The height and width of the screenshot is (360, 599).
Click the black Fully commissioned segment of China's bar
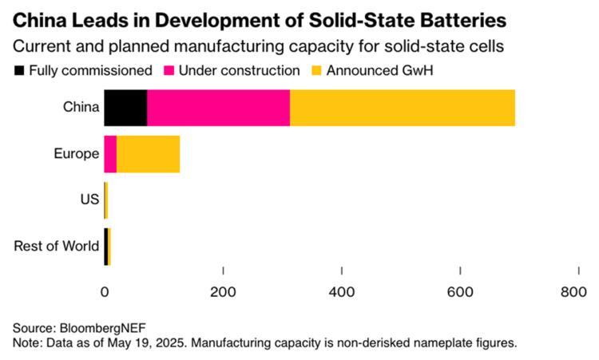tap(125, 109)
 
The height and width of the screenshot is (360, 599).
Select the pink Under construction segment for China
tap(218, 109)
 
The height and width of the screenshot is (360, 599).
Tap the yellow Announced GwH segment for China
tap(402, 109)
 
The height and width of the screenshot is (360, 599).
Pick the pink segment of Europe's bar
tap(110, 154)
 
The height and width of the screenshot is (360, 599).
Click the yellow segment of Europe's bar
tap(148, 154)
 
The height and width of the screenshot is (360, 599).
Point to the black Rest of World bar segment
tap(105, 245)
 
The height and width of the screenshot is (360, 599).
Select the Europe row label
tap(76, 154)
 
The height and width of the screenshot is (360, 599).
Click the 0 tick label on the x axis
tap(105, 293)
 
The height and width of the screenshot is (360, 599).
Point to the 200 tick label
tap(223, 293)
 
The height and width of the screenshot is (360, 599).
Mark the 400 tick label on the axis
tap(342, 293)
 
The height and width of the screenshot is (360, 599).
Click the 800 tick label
tap(573, 293)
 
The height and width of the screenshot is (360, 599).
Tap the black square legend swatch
tap(19, 70)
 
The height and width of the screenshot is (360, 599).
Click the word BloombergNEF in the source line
tap(97, 328)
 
